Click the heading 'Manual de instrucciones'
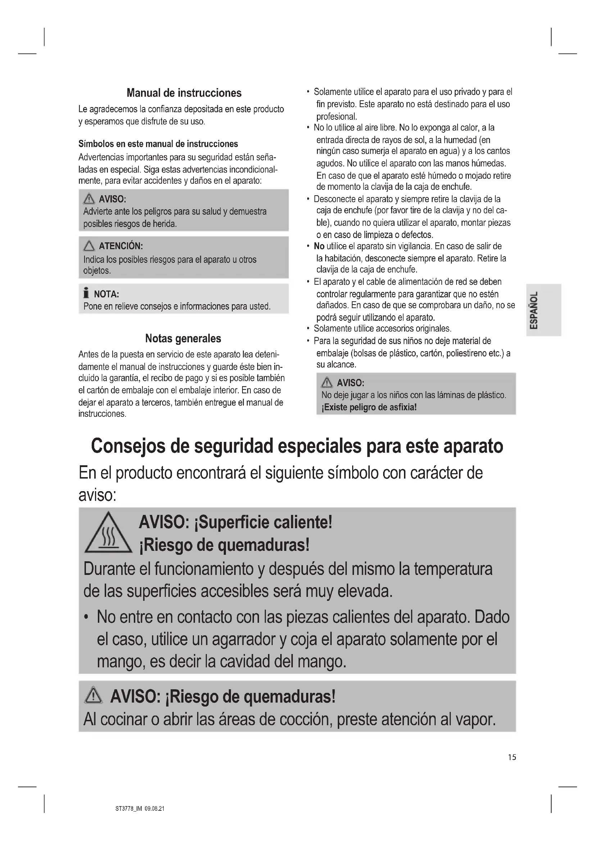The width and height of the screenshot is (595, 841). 184,93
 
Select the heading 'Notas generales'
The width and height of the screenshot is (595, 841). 183,338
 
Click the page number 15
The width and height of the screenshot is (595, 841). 512,757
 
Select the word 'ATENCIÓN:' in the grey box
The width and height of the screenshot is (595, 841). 121,246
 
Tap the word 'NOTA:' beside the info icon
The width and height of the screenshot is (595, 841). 106,294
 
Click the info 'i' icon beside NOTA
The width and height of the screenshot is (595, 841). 86,293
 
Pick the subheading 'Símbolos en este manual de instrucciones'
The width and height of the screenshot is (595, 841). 158,144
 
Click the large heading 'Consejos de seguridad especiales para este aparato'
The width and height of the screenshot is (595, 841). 297,446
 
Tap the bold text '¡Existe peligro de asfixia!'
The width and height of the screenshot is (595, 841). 369,407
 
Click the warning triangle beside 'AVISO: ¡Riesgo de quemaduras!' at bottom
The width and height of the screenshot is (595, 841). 94,696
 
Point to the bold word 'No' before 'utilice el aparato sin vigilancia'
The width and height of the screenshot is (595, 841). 319,246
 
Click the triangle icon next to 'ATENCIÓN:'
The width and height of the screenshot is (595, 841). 88,246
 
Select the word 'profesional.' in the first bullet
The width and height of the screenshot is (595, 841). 336,116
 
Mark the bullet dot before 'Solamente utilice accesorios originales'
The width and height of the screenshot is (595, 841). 309,329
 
